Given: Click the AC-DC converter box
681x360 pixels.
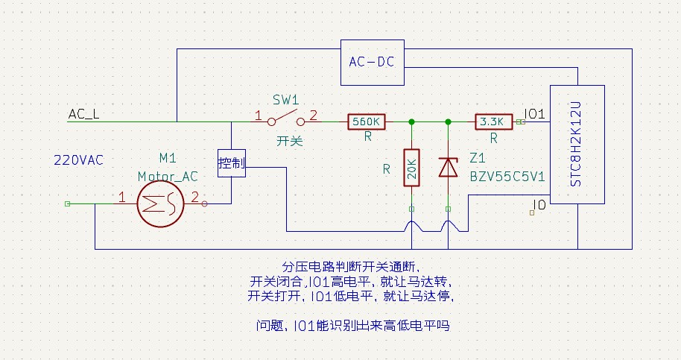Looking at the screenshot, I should click(x=372, y=61).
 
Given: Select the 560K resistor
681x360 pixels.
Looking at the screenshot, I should click(x=367, y=121).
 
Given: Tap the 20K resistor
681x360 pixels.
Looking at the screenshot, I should click(x=411, y=168).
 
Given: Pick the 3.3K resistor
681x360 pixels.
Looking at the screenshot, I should click(x=493, y=121).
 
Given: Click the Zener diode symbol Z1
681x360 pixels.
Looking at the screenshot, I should click(x=448, y=167).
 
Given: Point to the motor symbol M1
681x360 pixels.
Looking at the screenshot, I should click(x=159, y=202).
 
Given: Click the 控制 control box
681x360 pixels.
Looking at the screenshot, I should click(x=232, y=163).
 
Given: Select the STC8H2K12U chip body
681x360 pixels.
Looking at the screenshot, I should click(x=577, y=143).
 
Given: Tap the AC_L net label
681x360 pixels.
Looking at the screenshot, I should click(x=83, y=114).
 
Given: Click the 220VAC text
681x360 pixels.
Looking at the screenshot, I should click(x=78, y=160).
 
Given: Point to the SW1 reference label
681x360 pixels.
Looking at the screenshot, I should click(x=285, y=100).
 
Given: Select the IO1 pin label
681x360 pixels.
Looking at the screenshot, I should click(x=535, y=113).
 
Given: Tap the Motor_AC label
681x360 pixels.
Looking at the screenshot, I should click(x=168, y=177).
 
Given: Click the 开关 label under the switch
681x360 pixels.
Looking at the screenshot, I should click(x=289, y=139).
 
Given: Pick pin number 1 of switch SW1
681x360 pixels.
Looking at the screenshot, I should click(x=258, y=116).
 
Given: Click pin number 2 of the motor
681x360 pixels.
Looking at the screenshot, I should click(x=194, y=198).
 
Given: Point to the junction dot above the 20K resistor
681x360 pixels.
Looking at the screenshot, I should click(x=411, y=121).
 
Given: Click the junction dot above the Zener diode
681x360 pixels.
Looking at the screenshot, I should click(x=448, y=121).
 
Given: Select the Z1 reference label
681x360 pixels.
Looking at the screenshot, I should click(x=478, y=158).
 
